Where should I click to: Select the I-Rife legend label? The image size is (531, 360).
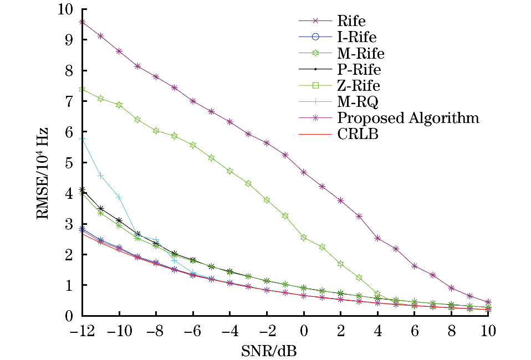pos(356,37)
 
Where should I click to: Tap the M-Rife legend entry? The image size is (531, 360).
pos(360,53)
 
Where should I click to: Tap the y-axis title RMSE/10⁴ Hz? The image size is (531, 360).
pos(43,173)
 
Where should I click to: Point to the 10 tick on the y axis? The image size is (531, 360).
pos(65,10)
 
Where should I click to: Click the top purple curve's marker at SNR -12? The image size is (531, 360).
pos(82,22)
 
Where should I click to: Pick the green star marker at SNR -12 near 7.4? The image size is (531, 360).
pos(82,89)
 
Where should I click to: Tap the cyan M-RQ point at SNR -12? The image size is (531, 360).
pos(82,139)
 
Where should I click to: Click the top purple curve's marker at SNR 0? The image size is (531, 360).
pos(304,172)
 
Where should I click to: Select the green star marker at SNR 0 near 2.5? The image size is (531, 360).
pos(304,237)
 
